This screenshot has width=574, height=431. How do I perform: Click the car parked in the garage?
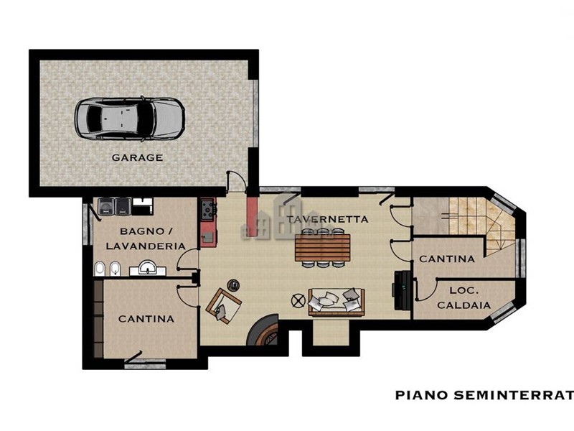pyautogui.click(x=130, y=119)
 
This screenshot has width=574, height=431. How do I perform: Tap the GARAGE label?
pyautogui.click(x=137, y=157)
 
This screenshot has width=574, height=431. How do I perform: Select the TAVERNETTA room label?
pyautogui.click(x=327, y=219)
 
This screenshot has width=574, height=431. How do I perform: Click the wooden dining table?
pyautogui.click(x=322, y=247)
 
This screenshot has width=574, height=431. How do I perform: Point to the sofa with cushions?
pyautogui.click(x=337, y=302)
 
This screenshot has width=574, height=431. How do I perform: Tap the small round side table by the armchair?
pyautogui.click(x=233, y=284)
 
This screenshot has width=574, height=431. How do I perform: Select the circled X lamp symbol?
pyautogui.click(x=298, y=301)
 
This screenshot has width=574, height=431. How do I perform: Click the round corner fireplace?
pyautogui.click(x=262, y=330)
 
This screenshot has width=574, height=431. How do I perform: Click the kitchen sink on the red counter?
pyautogui.click(x=208, y=238)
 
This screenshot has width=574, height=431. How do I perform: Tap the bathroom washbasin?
pyautogui.click(x=148, y=268)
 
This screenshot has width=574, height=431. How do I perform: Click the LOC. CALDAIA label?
pyautogui.click(x=464, y=297)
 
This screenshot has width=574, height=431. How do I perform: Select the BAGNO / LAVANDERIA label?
pyautogui.click(x=146, y=238)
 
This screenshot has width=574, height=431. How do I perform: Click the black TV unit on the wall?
pyautogui.click(x=402, y=290)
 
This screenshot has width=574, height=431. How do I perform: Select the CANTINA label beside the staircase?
pyautogui.click(x=446, y=259)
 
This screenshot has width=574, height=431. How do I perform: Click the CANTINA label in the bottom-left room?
pyautogui.click(x=146, y=319)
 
